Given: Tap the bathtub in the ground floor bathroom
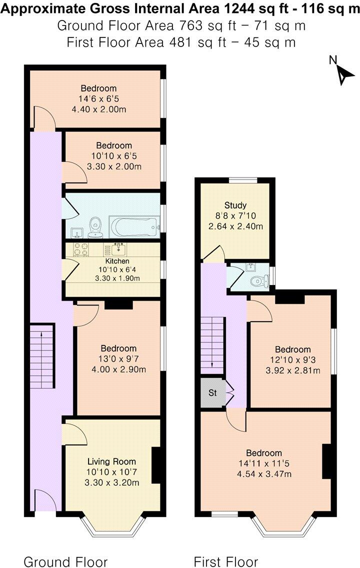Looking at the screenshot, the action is tap(134, 227).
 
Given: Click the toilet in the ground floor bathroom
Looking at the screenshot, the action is tap(95, 228).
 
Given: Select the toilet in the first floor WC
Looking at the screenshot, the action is tap(260, 280).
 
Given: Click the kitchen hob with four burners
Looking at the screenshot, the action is tap(81, 249).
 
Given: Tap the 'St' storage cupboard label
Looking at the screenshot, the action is tap(212, 392).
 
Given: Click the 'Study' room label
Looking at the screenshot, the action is tap(235, 205).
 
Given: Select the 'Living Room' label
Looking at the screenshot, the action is tap(111, 461).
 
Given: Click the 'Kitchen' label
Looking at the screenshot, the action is tap(117, 261).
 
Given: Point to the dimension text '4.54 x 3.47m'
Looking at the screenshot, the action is tap(264, 474).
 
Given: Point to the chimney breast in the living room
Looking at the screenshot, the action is tap(155, 465).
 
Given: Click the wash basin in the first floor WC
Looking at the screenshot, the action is tap(250, 267).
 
